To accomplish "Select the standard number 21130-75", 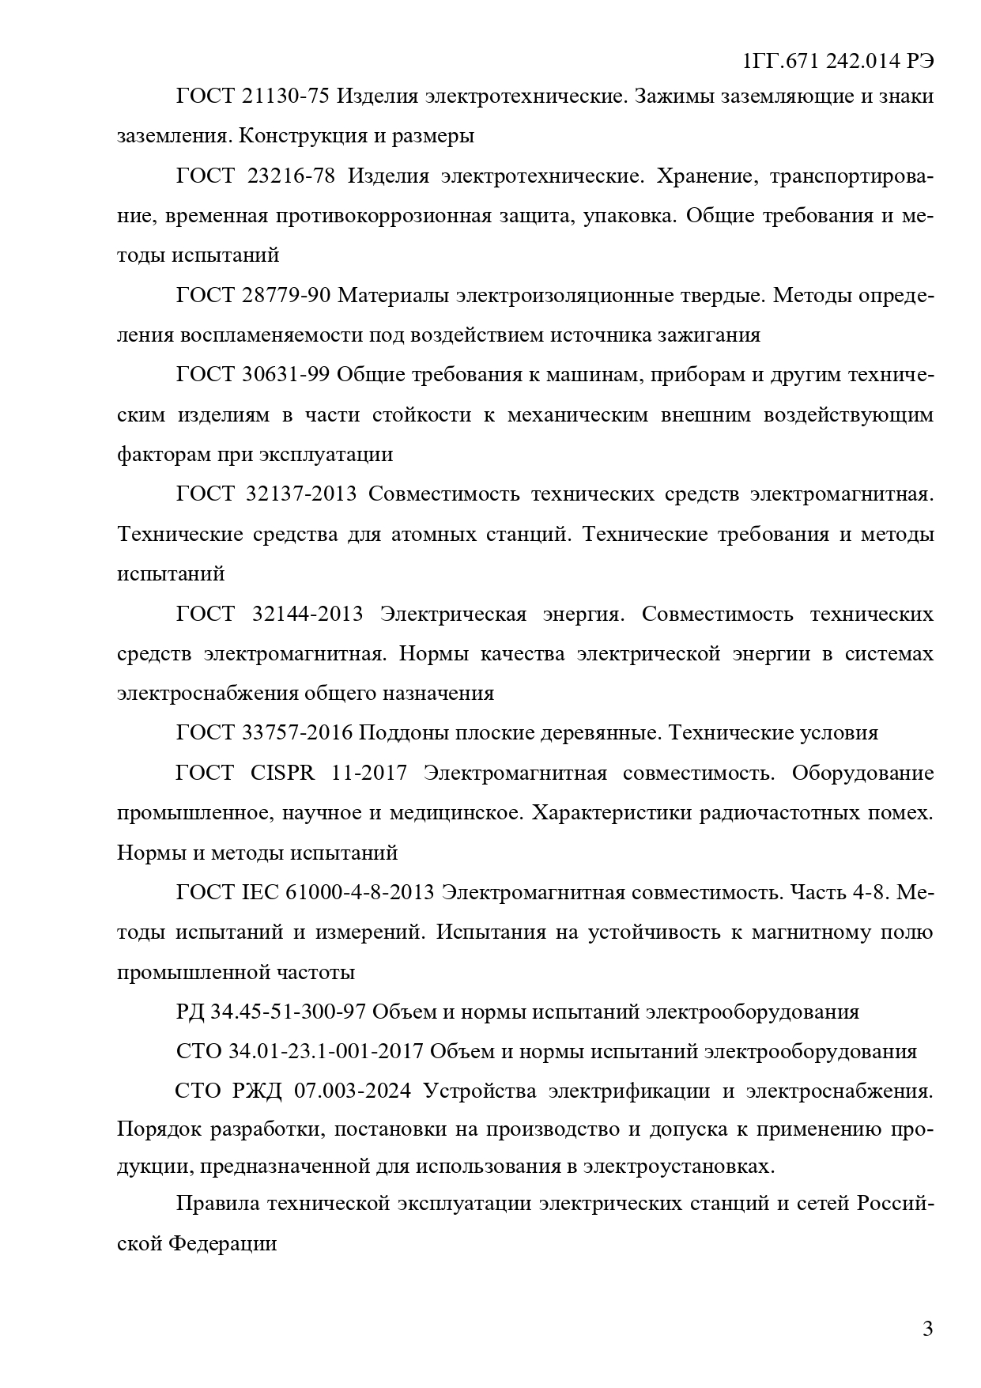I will click(x=285, y=96).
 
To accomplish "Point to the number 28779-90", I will click(x=285, y=295).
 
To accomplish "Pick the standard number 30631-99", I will click(x=285, y=374).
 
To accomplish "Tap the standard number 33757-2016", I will click(x=297, y=733).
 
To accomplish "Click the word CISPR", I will click(x=282, y=773).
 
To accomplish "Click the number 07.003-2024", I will click(x=353, y=1091).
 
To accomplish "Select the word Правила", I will click(x=217, y=1205).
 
